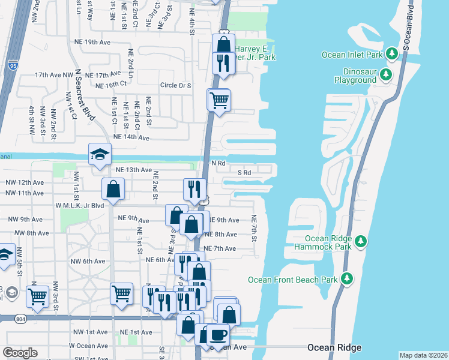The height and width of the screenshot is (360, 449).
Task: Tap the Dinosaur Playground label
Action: (x=355, y=76)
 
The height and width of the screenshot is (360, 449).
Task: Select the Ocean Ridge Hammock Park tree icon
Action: (x=360, y=241)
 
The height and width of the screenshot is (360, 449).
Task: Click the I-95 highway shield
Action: (x=12, y=65)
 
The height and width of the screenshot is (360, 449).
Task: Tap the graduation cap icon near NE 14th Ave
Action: (x=100, y=154)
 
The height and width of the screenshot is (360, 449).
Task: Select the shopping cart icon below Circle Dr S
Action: (x=219, y=100)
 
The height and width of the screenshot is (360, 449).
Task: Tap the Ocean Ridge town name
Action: (x=334, y=347)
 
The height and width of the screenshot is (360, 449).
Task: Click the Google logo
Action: (x=20, y=353)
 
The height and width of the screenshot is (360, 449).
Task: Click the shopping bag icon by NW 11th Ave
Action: (x=113, y=190)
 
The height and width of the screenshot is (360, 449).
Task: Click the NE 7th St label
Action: (x=254, y=229)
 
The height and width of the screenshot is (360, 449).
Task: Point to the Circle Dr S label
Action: (x=175, y=86)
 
